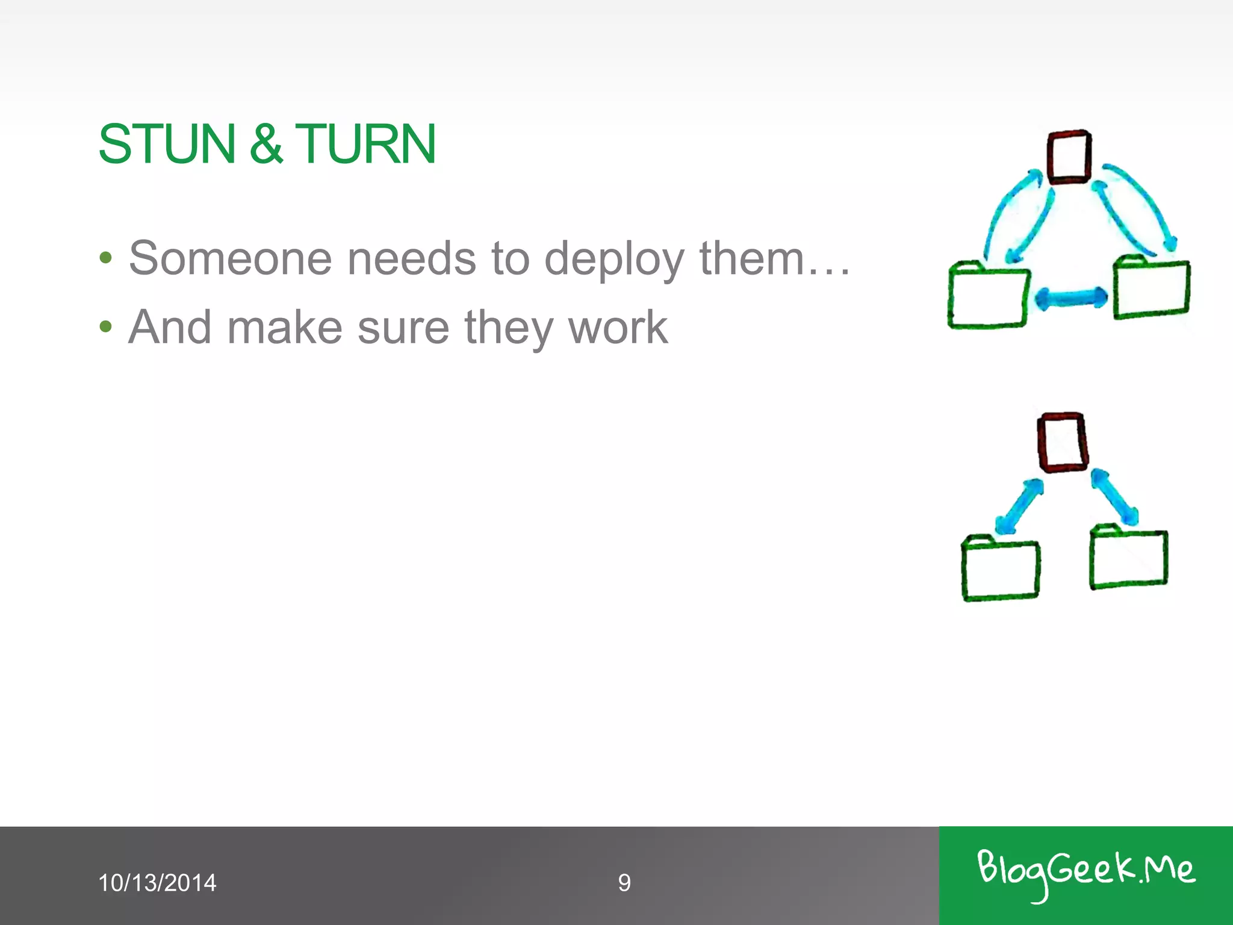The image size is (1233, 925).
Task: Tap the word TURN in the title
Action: pos(365,144)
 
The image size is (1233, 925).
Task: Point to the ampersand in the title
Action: pos(266,144)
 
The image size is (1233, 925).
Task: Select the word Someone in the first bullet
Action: pos(231,258)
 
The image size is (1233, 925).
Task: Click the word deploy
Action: pos(614,260)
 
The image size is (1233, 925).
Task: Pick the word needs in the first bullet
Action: pos(412,258)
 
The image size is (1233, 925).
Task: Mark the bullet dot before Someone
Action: pos(106,258)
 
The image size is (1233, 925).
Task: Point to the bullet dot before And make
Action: pos(106,327)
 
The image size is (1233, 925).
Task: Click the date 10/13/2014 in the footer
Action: pos(157,883)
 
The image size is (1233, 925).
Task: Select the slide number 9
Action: pos(624,883)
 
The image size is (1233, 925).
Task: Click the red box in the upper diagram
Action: pos(1069,157)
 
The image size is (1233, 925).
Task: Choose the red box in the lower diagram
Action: pos(1063,442)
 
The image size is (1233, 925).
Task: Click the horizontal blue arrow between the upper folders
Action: pos(1071,297)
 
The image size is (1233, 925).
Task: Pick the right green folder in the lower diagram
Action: pos(1128,558)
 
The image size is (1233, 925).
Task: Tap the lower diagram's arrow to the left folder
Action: pos(1019,506)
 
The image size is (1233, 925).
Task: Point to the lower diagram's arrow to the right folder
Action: pos(1114,497)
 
